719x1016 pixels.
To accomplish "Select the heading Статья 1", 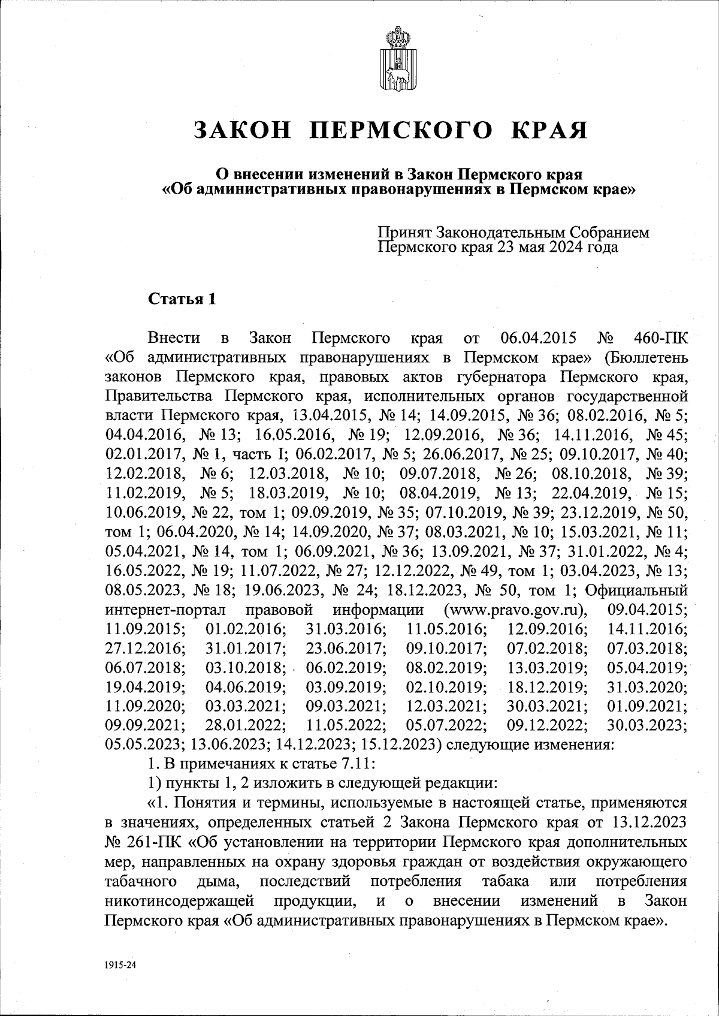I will click(181, 299).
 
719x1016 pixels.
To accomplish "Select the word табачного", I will click(140, 882).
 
